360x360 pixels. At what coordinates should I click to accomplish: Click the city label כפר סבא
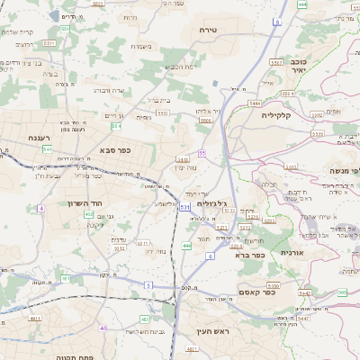[x=115, y=149]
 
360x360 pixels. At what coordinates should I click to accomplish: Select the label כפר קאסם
[x=256, y=292]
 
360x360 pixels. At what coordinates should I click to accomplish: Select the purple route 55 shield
[x=202, y=154]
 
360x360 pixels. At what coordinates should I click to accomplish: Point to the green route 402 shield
[x=87, y=213]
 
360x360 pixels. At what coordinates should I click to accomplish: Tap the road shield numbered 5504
[x=205, y=119]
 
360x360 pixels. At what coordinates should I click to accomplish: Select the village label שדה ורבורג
[x=109, y=90]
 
